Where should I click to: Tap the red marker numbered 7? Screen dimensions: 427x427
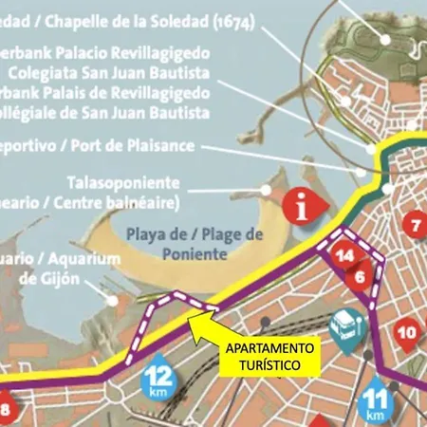tap(415, 225)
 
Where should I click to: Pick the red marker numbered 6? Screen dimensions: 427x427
tap(360, 276)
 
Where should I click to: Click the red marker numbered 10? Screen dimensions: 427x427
tap(406, 333)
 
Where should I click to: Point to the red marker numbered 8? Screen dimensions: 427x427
tap(5, 410)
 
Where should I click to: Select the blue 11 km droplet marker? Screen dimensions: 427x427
tap(377, 403)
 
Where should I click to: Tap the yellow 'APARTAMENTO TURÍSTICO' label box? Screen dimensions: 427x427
tap(272, 356)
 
